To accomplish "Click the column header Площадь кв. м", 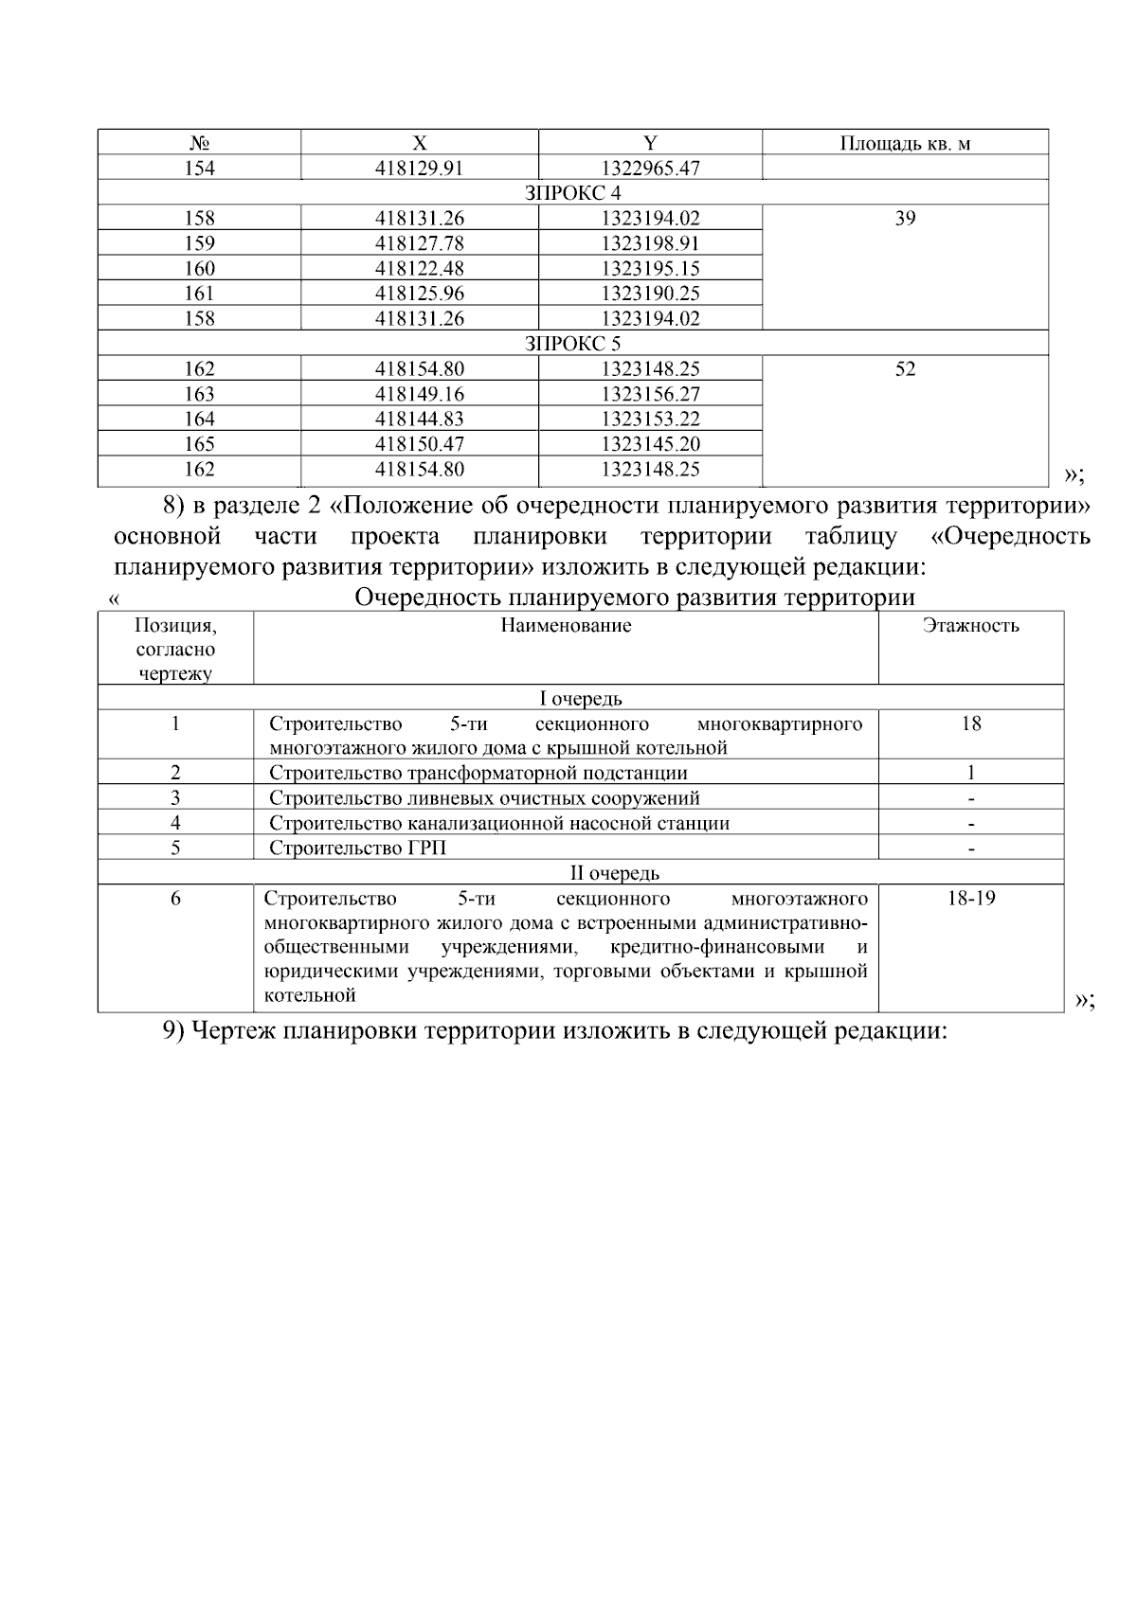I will (x=905, y=143).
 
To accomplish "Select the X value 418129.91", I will (x=420, y=169).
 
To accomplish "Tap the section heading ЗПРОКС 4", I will (x=572, y=193).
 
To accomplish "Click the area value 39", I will (x=905, y=219).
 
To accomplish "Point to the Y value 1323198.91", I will (x=650, y=243).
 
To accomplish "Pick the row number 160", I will (x=199, y=269).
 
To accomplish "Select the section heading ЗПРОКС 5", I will (x=572, y=344).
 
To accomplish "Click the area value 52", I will (x=905, y=369).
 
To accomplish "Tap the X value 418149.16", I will (x=420, y=394).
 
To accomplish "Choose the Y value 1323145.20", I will (x=650, y=444).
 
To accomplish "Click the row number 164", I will (x=199, y=420).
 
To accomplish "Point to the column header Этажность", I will (x=970, y=626).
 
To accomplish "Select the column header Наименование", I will (x=566, y=626).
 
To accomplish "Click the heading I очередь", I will (x=580, y=699).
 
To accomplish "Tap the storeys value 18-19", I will (x=970, y=899).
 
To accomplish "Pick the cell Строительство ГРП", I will (x=357, y=848).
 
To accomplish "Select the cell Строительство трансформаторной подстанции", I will (x=478, y=773).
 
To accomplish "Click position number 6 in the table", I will (x=175, y=899).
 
